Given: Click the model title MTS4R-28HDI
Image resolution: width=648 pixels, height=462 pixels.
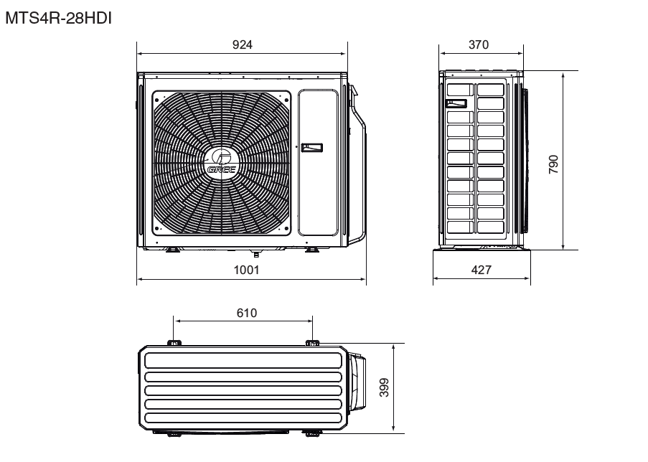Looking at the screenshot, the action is [x=58, y=19].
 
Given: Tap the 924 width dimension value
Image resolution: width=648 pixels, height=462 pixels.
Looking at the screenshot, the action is [x=242, y=44].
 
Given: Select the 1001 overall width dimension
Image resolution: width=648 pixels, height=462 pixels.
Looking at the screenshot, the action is [x=247, y=270].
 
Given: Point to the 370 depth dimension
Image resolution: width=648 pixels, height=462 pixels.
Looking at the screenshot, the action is [x=479, y=44].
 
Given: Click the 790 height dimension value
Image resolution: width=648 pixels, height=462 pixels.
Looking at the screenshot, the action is [x=553, y=164].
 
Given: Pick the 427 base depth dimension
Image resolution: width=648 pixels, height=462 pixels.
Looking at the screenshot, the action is [x=482, y=270].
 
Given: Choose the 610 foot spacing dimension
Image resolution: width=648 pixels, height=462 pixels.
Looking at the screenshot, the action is [x=247, y=313].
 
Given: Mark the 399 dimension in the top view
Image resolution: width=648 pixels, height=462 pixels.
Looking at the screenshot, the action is [x=384, y=387].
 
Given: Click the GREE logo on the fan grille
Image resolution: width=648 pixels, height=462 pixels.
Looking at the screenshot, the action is [x=222, y=164].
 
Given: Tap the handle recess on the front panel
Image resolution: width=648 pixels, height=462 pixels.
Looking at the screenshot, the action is [x=312, y=148].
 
